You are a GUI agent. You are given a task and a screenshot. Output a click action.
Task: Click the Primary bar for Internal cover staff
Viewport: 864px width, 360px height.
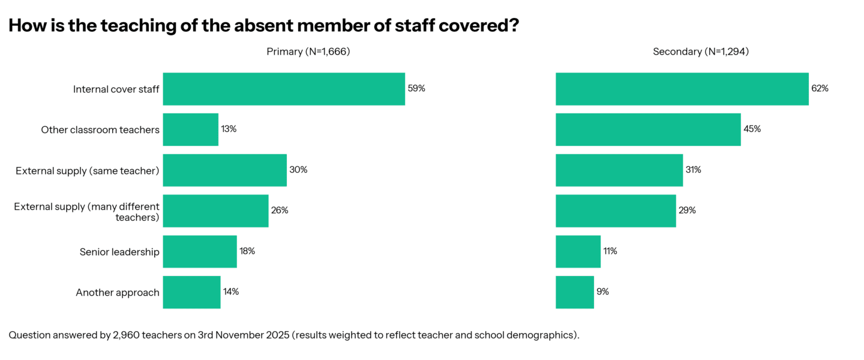click(284, 89)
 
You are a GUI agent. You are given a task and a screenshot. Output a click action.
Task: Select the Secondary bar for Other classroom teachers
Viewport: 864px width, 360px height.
click(648, 129)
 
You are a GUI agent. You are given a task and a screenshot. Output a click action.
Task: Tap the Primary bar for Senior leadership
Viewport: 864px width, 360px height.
click(200, 251)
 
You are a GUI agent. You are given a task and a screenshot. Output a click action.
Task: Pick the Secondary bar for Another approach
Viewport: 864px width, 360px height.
click(575, 292)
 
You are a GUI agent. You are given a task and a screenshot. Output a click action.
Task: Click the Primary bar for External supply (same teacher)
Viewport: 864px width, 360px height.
click(224, 170)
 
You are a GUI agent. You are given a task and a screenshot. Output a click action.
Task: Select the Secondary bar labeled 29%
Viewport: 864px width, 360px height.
click(616, 211)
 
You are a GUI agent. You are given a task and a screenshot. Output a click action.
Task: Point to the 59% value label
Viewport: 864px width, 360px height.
click(416, 88)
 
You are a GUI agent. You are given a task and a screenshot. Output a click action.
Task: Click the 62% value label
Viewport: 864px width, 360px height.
click(820, 88)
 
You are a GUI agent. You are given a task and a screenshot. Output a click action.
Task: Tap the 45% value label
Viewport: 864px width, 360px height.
click(752, 129)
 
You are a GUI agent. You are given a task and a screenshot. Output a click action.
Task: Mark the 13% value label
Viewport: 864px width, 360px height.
click(229, 129)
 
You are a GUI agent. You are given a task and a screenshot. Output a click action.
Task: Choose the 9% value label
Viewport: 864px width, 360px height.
click(602, 292)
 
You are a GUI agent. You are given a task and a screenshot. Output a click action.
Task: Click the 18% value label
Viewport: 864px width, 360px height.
click(247, 251)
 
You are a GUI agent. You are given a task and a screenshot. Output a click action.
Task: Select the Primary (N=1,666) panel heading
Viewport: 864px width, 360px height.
click(308, 52)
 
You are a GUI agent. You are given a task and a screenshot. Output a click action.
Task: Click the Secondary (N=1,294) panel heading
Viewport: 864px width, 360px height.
click(700, 52)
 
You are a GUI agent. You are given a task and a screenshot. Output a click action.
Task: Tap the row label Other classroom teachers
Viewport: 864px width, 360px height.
click(100, 130)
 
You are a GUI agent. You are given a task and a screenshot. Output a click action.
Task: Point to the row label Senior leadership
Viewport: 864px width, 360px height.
click(119, 252)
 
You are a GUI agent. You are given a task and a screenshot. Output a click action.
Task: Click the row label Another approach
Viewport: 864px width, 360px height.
click(118, 293)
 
